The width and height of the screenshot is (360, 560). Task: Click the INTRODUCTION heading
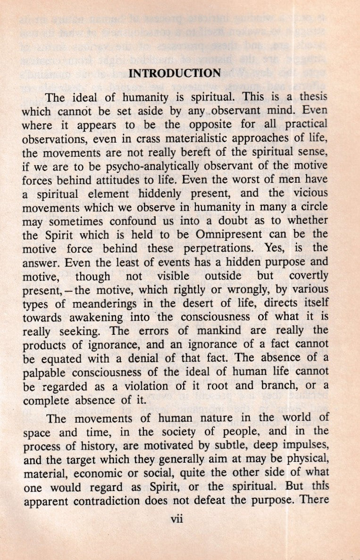[175, 73]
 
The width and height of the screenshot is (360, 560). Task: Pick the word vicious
[309, 193]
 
